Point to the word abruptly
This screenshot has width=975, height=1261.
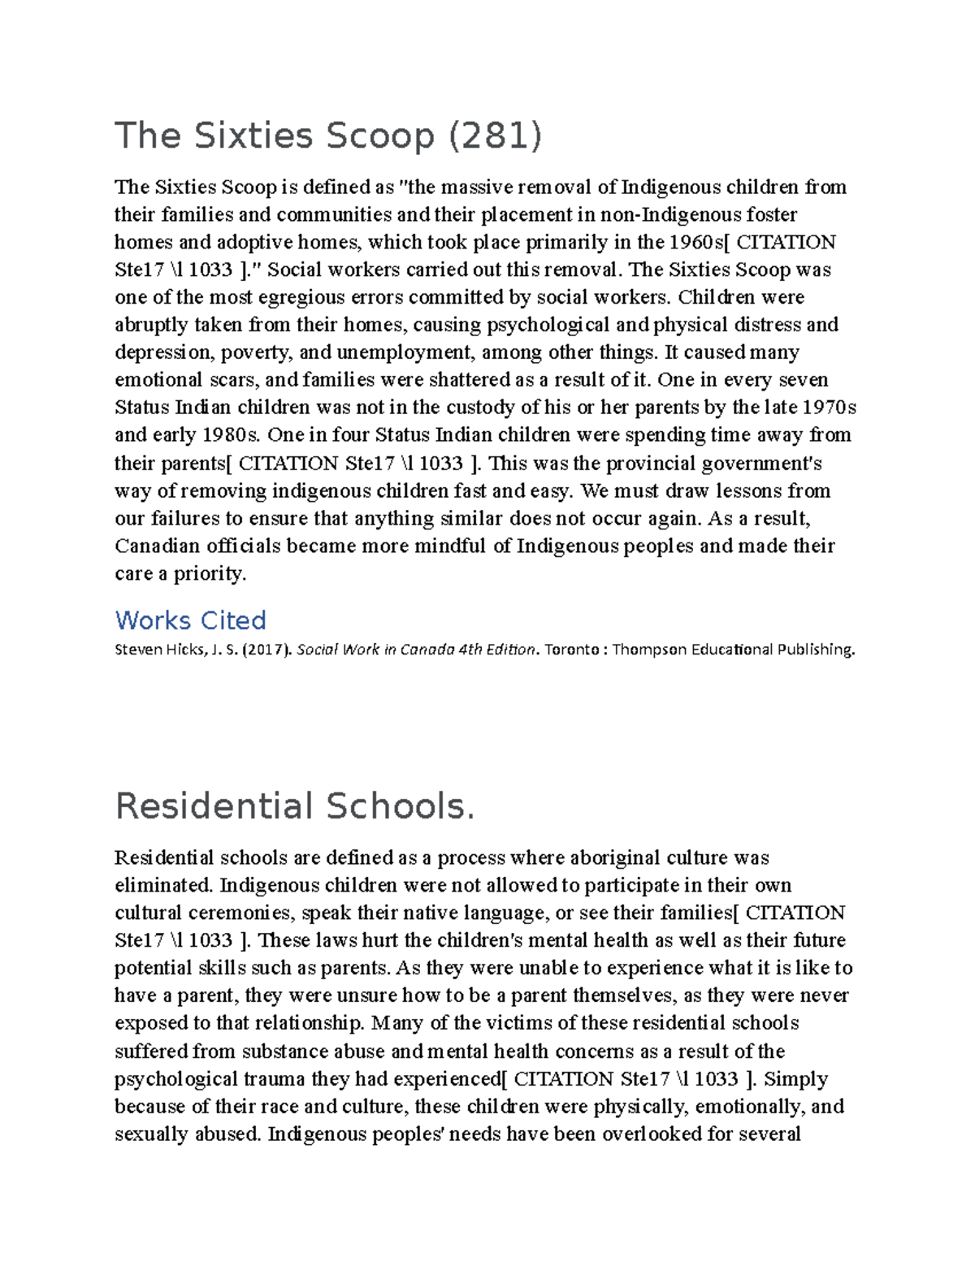coord(151,325)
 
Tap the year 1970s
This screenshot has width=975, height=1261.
coord(829,408)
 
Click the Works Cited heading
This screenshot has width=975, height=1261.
coord(191,620)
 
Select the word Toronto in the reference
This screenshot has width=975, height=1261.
coord(571,650)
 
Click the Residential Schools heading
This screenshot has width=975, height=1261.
coord(294,806)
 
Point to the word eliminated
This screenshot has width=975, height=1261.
coord(163,885)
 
